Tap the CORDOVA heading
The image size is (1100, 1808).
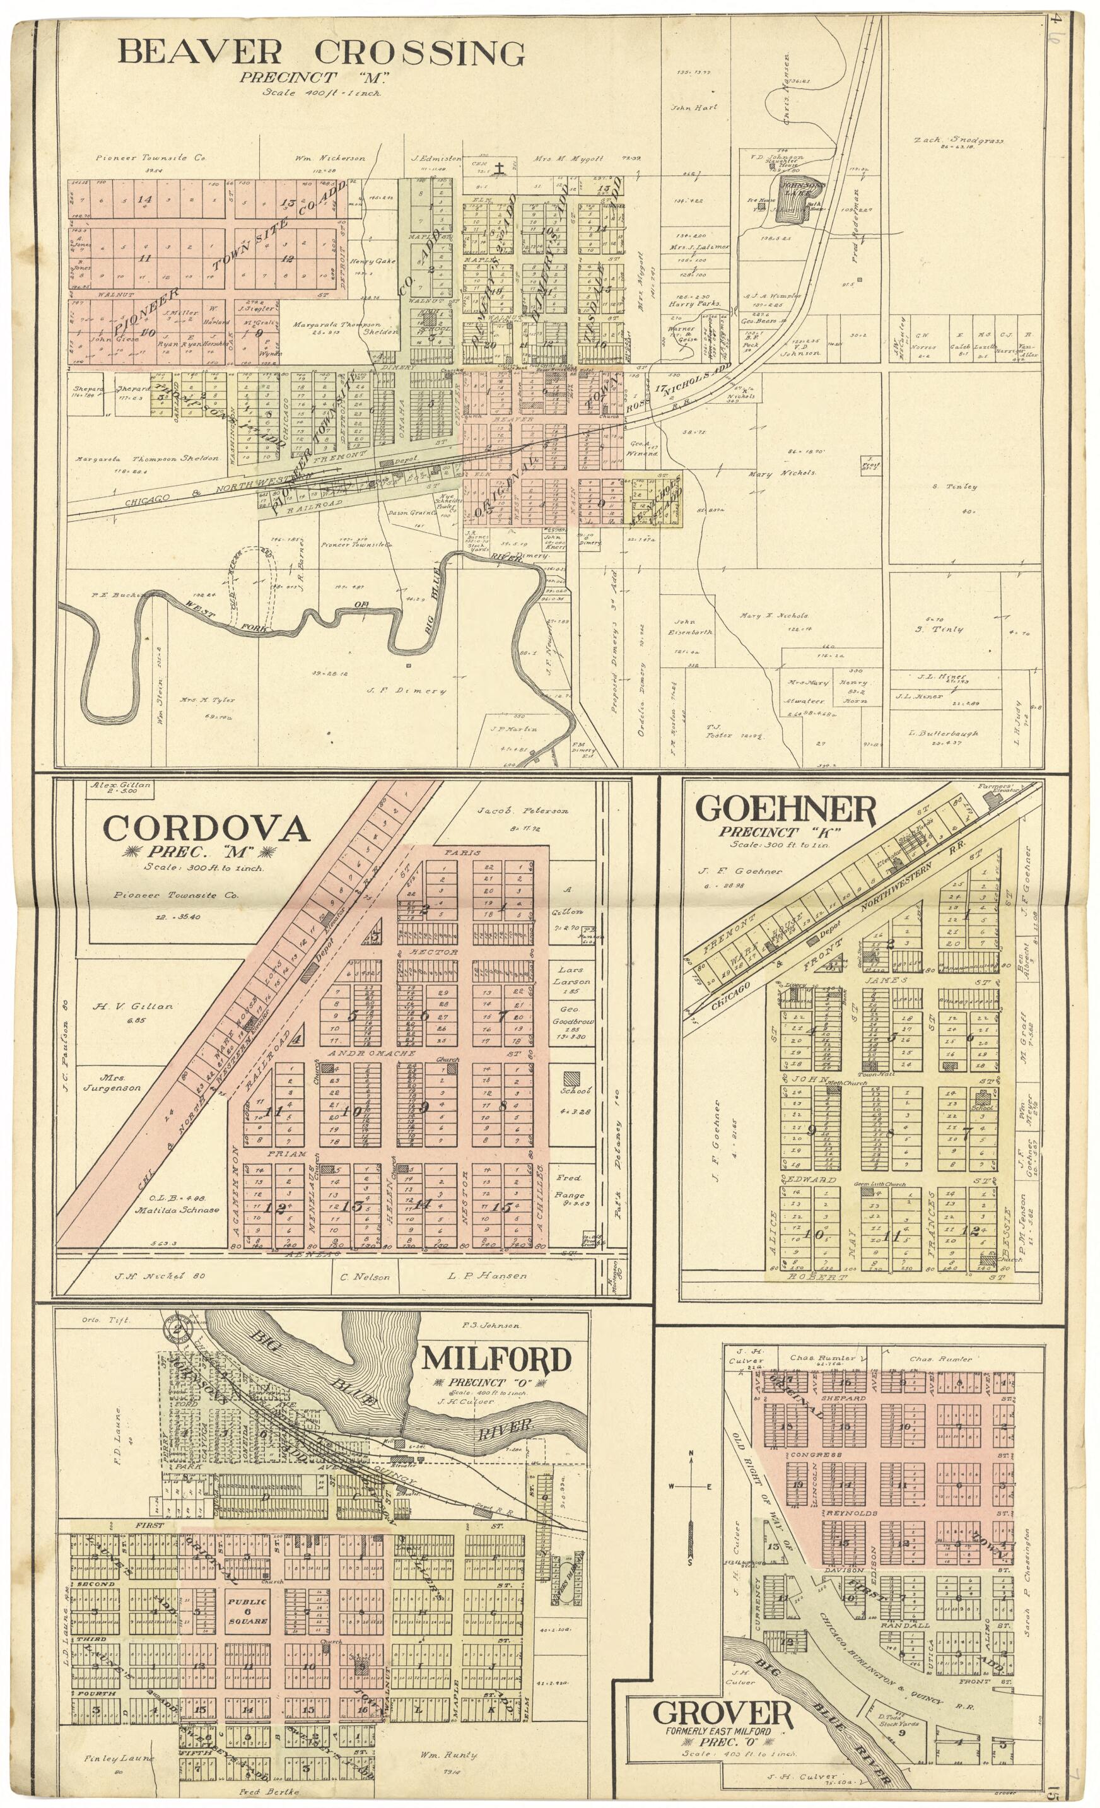click(x=206, y=829)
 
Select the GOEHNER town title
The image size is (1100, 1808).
click(x=785, y=810)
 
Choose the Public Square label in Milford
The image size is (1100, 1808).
click(x=247, y=1600)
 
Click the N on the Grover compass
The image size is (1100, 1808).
click(x=690, y=1453)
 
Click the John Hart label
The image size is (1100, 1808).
click(x=693, y=107)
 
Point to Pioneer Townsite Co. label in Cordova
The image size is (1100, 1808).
click(x=176, y=895)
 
